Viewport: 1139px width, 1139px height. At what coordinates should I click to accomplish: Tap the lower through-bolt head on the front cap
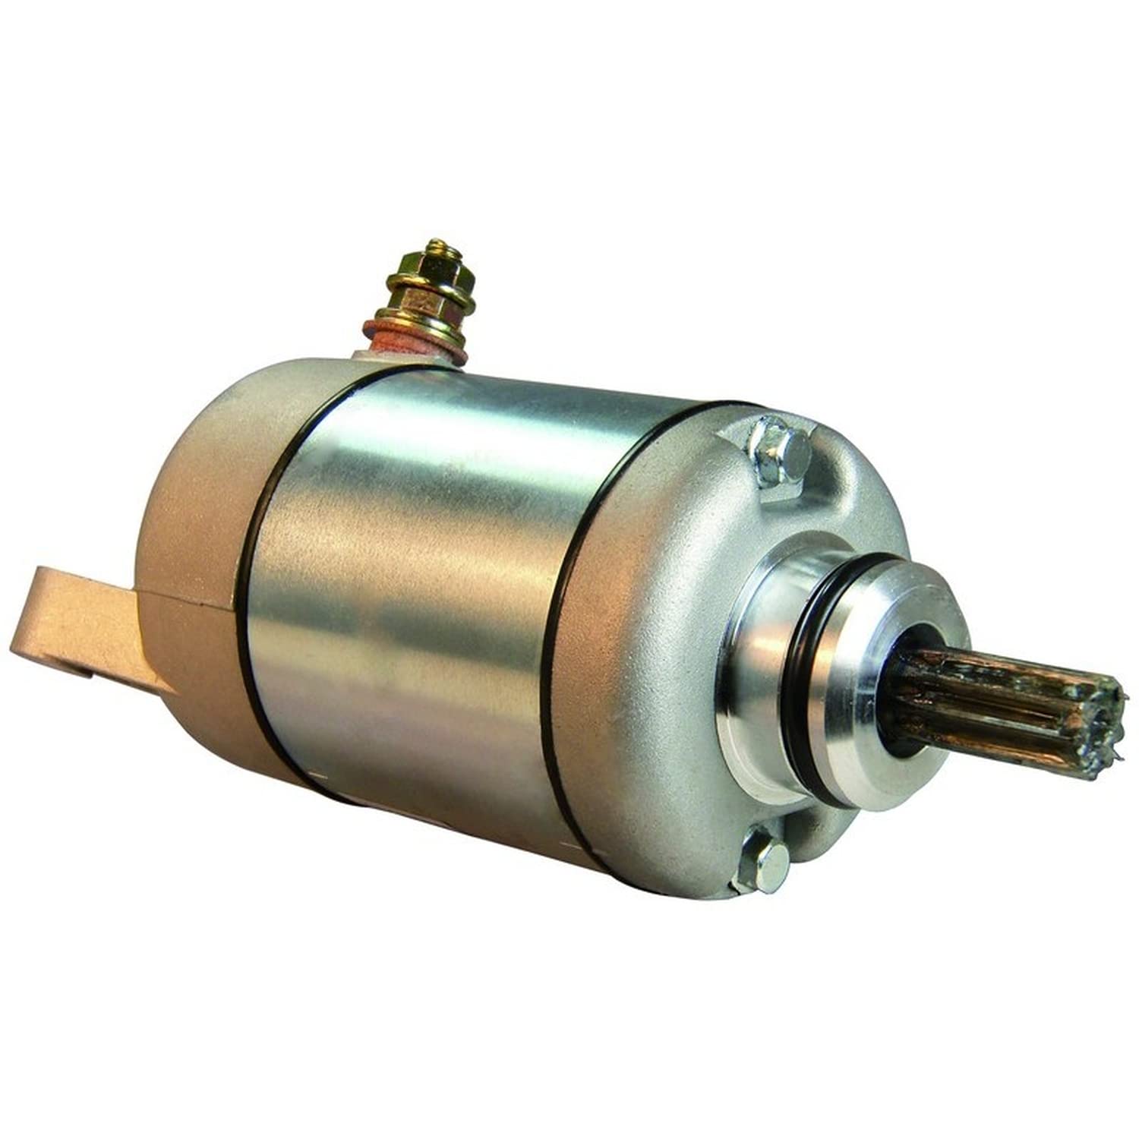pos(763,866)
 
